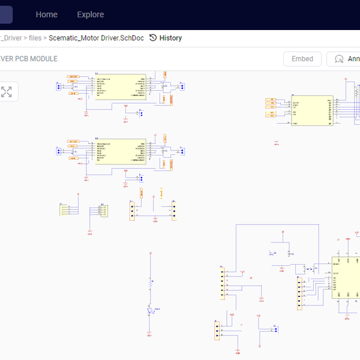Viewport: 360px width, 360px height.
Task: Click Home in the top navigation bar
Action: (x=47, y=14)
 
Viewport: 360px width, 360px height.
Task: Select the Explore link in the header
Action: (x=90, y=14)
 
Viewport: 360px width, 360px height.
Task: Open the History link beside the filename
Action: (x=170, y=38)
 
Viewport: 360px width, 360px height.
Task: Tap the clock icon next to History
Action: (x=153, y=38)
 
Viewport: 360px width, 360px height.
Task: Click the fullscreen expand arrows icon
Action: (x=7, y=92)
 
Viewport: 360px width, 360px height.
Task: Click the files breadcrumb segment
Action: (x=35, y=38)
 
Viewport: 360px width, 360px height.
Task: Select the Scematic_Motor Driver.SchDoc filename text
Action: (x=97, y=38)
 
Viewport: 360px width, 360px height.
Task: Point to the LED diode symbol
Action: (x=150, y=309)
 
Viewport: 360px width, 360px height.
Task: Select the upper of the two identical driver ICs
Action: (x=120, y=86)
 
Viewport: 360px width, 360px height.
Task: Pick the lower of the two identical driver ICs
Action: (x=120, y=150)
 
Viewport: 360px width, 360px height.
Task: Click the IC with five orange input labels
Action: (x=311, y=110)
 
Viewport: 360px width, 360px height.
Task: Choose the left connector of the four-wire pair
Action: (x=65, y=209)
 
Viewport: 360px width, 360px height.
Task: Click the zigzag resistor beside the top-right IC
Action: (x=355, y=91)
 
